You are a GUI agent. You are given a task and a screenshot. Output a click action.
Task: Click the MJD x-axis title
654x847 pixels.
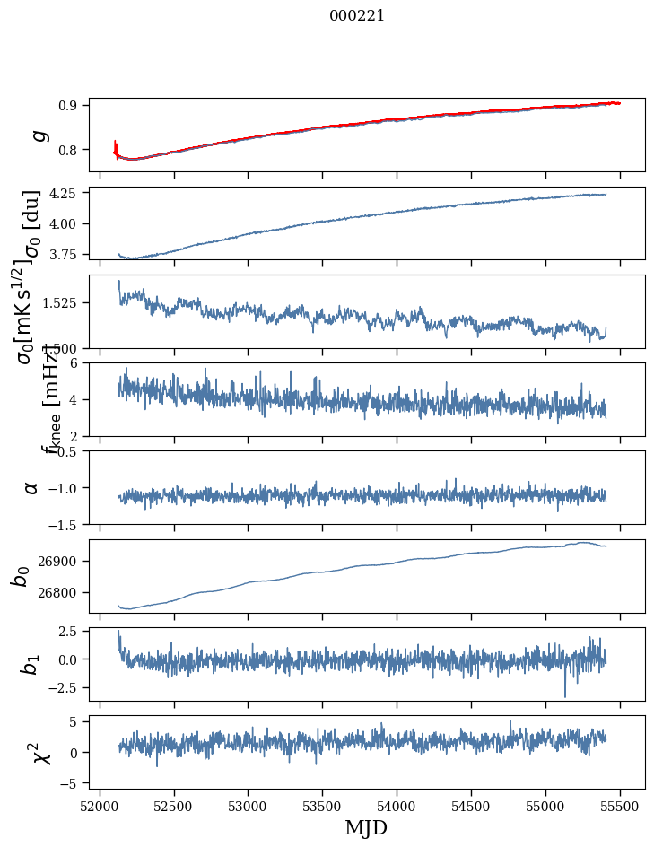[x=366, y=827]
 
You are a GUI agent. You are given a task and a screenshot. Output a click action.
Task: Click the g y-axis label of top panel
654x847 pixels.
[x=39, y=135]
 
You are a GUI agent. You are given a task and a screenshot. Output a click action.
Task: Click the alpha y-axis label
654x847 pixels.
[x=32, y=487]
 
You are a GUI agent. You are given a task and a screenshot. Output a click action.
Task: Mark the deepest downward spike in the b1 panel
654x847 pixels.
[x=565, y=695]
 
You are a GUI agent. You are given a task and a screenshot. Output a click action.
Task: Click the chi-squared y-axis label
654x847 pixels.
[x=41, y=752]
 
